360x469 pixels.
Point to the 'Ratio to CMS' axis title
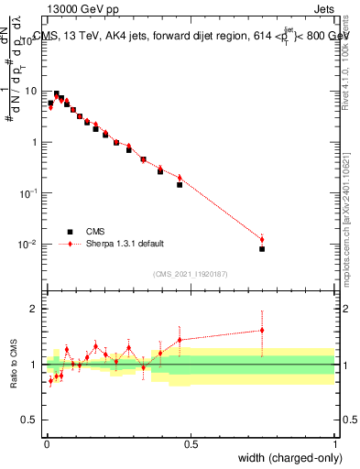[x=15, y=365]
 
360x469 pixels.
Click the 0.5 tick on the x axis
[x=191, y=446]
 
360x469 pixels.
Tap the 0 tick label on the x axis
[x=47, y=446]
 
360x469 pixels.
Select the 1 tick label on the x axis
[x=335, y=446]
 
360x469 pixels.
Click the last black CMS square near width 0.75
[x=262, y=248]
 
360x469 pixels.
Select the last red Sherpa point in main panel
[x=262, y=240]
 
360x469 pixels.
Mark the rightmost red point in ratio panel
[x=262, y=331]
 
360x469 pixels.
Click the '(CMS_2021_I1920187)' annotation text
[x=191, y=275]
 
